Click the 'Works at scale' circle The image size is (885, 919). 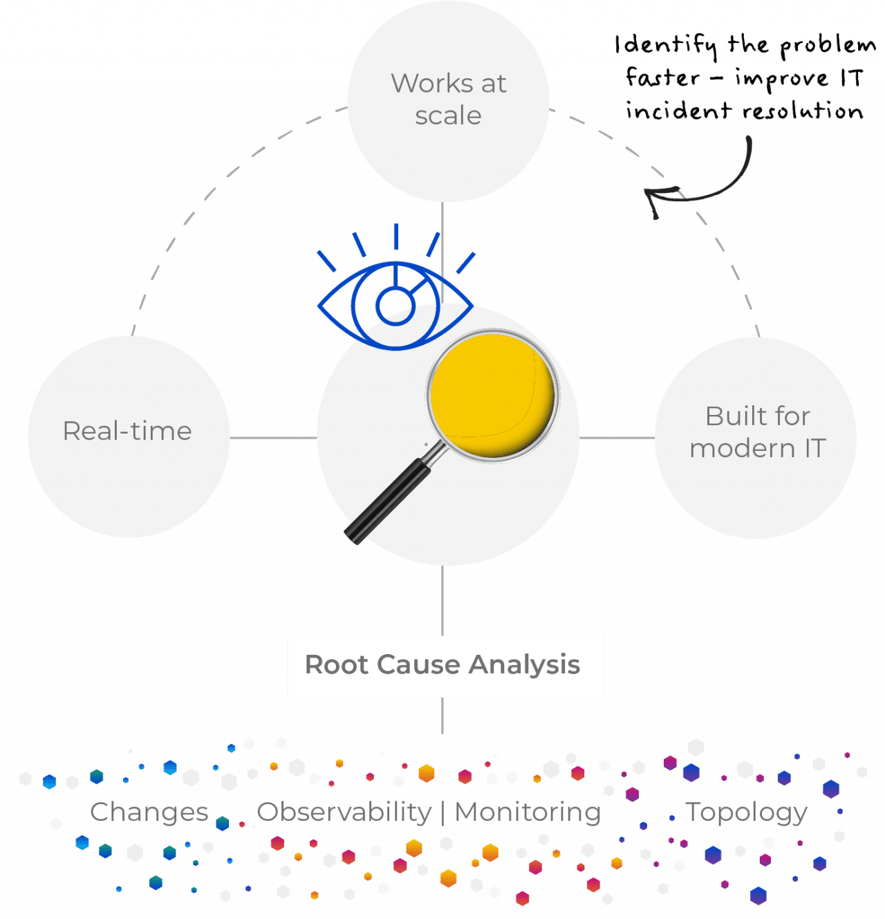448,100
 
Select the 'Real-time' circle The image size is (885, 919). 129,437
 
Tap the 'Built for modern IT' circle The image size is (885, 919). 756,437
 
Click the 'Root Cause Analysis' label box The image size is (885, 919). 445,666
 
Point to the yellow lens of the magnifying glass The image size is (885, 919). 492,394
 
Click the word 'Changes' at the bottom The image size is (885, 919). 149,812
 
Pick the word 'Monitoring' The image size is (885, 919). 528,812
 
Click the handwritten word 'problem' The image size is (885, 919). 828,47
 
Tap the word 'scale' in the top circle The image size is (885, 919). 448,115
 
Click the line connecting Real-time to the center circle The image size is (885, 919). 273,438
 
